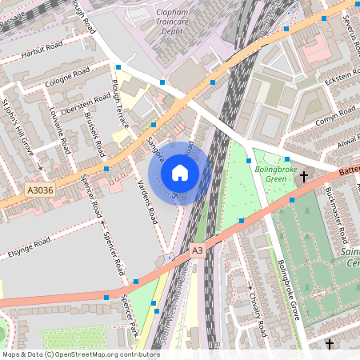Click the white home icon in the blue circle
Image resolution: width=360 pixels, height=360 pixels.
coord(180,172)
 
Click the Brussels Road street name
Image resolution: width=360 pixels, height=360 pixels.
coord(94,133)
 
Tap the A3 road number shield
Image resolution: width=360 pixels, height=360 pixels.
coord(198,250)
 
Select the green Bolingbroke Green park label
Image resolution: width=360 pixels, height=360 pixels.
coord(275,174)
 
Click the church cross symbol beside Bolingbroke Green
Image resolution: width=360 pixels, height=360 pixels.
coord(304,175)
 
